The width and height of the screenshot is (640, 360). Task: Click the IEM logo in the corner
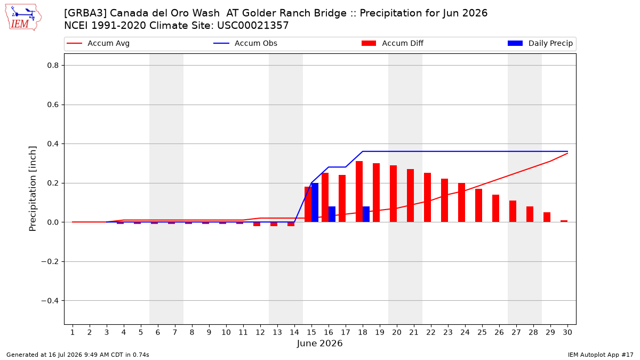click(23, 18)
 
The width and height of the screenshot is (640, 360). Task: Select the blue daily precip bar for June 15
click(315, 202)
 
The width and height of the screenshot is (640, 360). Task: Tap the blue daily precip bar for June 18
click(366, 214)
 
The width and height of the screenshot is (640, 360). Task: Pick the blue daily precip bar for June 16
click(332, 214)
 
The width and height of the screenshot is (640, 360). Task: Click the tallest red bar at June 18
click(359, 191)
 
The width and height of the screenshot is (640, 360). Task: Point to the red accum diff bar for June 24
click(461, 202)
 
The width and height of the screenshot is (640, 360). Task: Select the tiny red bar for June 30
click(564, 221)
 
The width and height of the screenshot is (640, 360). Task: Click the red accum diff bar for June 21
click(410, 195)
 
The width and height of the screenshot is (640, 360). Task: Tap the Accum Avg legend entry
click(98, 43)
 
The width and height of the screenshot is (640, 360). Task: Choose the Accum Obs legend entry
click(245, 43)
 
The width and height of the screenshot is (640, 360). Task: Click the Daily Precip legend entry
click(540, 43)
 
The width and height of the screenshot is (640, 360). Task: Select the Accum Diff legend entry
click(393, 43)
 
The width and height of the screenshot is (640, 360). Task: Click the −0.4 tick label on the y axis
click(50, 301)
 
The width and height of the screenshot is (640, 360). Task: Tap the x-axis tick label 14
click(294, 332)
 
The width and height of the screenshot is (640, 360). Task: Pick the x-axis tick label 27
click(516, 332)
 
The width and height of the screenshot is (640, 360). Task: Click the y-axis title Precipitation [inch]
click(33, 189)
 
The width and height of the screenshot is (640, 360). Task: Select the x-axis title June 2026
click(319, 343)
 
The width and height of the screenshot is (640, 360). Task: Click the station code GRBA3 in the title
click(85, 13)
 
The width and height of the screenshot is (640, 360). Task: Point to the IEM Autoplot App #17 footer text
click(601, 355)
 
